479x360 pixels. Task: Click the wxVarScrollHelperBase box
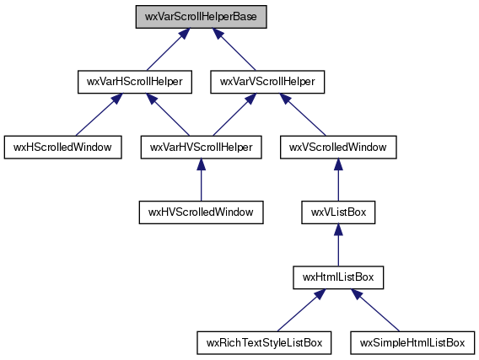click(x=201, y=17)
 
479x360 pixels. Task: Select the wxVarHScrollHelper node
click(x=135, y=82)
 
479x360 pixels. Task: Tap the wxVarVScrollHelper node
click(x=267, y=82)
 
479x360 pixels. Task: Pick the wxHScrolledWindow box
click(x=63, y=148)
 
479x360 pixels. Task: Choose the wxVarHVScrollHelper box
click(x=201, y=148)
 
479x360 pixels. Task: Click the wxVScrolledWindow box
click(x=338, y=148)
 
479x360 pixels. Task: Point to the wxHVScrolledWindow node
click(x=201, y=212)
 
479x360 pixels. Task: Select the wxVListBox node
click(x=338, y=212)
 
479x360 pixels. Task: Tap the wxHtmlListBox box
click(x=338, y=277)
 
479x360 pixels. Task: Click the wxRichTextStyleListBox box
click(x=264, y=342)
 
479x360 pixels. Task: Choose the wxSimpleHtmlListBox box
click(x=412, y=342)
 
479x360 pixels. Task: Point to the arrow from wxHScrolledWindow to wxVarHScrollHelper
click(x=99, y=115)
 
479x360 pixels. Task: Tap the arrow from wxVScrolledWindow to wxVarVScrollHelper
click(x=303, y=115)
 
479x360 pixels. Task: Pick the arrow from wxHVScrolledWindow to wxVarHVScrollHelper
click(x=201, y=180)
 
